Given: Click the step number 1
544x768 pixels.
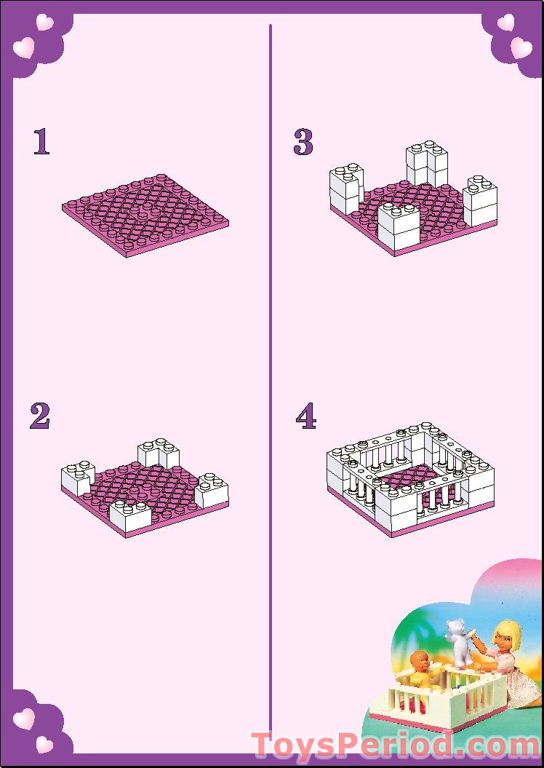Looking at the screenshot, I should tap(41, 142).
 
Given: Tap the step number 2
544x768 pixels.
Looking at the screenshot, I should tap(40, 416).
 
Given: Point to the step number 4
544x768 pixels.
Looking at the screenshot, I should tap(306, 416).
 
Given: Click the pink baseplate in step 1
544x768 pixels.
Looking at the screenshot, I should tap(145, 215).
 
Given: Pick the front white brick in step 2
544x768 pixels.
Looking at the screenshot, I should tap(130, 515).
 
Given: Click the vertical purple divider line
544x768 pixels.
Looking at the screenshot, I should tap(271, 364).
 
